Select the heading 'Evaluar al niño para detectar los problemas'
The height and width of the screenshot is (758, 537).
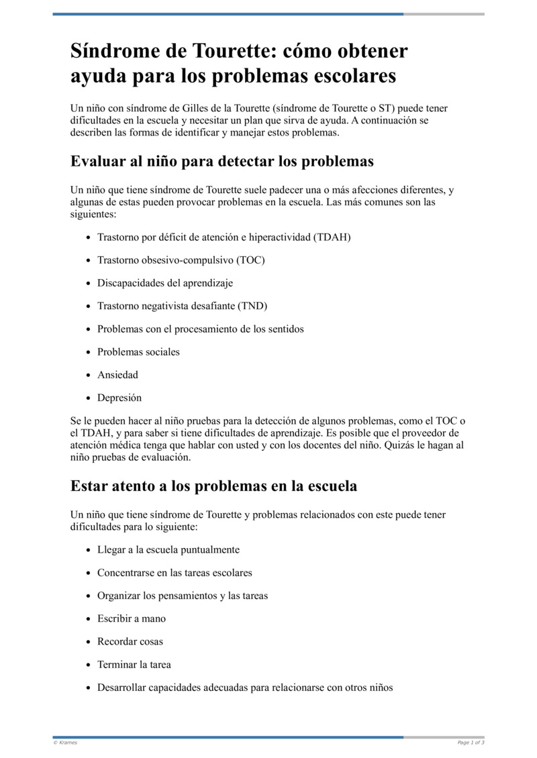[222, 162]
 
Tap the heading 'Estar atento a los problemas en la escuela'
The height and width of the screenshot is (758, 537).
[213, 486]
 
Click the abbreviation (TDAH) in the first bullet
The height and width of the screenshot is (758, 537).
[332, 237]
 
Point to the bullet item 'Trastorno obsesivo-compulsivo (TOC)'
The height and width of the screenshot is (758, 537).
[181, 260]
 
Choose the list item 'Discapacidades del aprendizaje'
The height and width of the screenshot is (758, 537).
[165, 283]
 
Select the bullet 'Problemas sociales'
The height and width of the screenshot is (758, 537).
[138, 351]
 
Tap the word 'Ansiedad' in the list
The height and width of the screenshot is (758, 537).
[117, 375]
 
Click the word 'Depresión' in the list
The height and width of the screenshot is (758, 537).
[119, 398]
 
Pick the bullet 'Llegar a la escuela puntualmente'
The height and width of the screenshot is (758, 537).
[168, 549]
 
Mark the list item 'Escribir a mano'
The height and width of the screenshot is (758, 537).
[131, 618]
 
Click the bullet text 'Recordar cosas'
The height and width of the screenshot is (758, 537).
[130, 641]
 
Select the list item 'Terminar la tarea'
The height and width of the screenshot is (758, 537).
[134, 665]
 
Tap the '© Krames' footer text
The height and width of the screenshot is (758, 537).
[65, 743]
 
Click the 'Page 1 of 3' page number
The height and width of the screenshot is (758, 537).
[471, 743]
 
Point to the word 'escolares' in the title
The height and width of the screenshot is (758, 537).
[356, 76]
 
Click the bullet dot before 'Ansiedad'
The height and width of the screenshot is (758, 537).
[89, 376]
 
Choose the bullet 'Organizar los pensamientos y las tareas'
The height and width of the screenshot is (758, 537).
[182, 596]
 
